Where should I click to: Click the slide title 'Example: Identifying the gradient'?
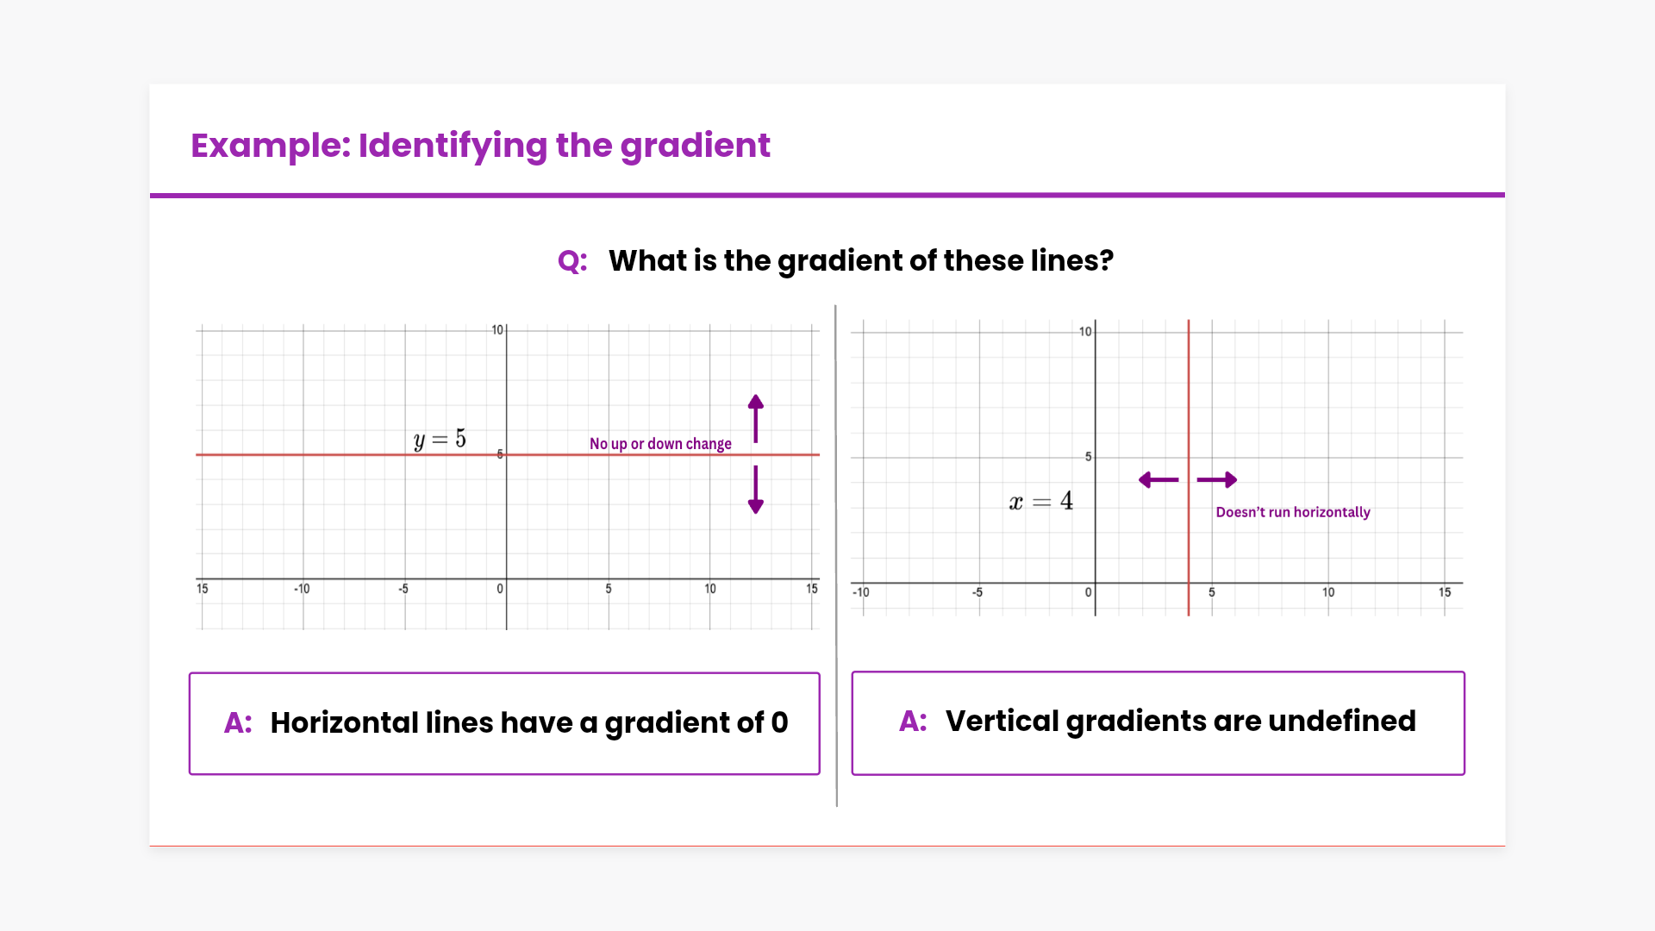(480, 146)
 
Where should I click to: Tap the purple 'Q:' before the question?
(572, 261)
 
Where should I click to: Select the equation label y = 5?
(440, 440)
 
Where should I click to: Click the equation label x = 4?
(1041, 501)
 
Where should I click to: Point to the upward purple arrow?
(756, 419)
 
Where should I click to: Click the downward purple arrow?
(756, 490)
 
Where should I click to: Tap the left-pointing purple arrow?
(1158, 480)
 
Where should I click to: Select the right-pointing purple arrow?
(1217, 480)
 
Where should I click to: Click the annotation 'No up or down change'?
(660, 444)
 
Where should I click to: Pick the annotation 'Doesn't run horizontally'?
(1293, 512)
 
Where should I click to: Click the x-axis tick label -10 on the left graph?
(302, 589)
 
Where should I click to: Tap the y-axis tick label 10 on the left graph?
(497, 330)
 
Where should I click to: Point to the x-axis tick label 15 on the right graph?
(1445, 592)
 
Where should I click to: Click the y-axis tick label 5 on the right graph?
(1088, 457)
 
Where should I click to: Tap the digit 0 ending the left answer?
(780, 722)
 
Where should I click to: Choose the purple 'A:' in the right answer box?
(914, 721)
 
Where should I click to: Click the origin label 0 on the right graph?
(1088, 592)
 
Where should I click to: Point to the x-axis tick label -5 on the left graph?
(403, 589)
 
